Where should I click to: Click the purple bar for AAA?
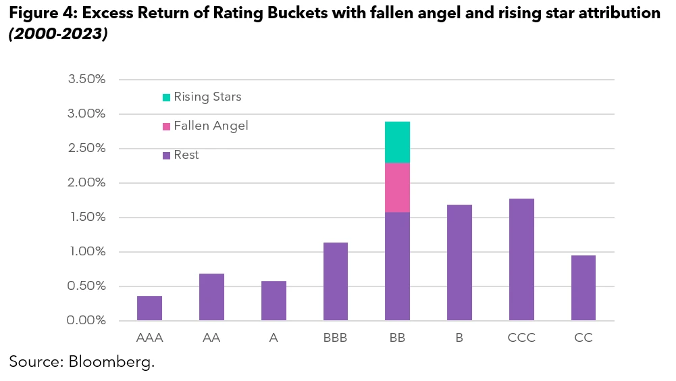tap(149, 308)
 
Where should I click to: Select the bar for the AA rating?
tap(211, 297)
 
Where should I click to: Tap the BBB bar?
tap(336, 281)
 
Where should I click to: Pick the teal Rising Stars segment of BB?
tap(398, 142)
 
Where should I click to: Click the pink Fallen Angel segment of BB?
tap(398, 187)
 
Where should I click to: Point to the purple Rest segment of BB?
tap(398, 266)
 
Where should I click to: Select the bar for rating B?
tap(460, 262)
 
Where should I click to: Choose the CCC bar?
tap(521, 259)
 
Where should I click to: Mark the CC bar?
tap(583, 288)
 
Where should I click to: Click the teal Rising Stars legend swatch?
tap(166, 97)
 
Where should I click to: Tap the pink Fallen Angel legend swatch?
tap(166, 126)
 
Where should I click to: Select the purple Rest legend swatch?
tap(166, 155)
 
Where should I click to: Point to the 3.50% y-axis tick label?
tap(86, 79)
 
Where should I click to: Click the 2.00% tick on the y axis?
tap(86, 182)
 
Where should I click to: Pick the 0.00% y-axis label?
tap(86, 320)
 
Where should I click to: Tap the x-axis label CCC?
tap(521, 338)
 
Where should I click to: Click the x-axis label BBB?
tap(336, 338)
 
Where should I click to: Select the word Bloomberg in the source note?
tap(111, 362)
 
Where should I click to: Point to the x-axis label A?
tap(274, 338)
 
